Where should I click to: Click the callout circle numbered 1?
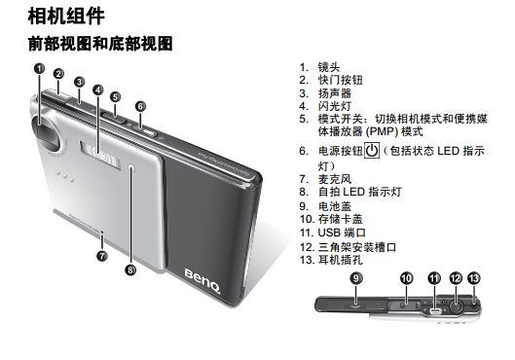(39, 69)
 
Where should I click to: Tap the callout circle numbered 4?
(98, 90)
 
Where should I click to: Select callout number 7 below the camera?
(102, 256)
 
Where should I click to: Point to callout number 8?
(130, 270)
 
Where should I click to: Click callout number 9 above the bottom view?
(356, 278)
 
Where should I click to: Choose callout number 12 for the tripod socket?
(456, 278)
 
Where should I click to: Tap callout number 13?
(473, 278)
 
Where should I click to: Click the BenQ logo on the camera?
(202, 282)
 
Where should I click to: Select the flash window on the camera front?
(100, 155)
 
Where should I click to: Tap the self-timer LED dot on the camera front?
(131, 168)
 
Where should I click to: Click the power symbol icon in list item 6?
(372, 151)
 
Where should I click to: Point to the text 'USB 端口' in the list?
(342, 233)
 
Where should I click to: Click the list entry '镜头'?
(329, 67)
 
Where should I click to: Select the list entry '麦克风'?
(335, 179)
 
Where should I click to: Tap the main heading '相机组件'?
(66, 17)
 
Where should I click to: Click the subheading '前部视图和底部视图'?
(100, 44)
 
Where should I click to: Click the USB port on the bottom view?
(435, 310)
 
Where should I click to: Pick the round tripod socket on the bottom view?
(456, 307)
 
